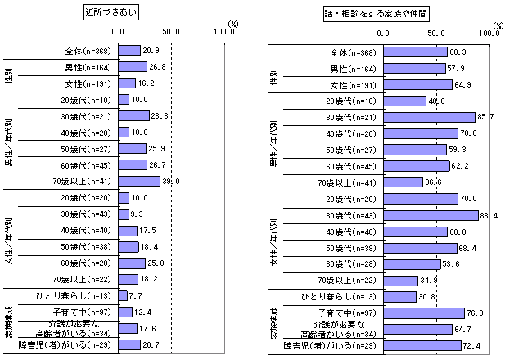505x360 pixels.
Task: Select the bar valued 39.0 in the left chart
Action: pos(139,181)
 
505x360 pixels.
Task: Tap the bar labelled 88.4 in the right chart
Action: pos(431,215)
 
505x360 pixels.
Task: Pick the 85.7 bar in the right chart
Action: pos(429,116)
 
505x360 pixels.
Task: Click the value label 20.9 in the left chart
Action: pos(151,51)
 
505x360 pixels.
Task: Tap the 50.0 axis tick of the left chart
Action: pos(172,34)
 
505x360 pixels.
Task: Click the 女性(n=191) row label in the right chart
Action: pos(353,84)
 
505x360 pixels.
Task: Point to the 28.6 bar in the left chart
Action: pos(134,116)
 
